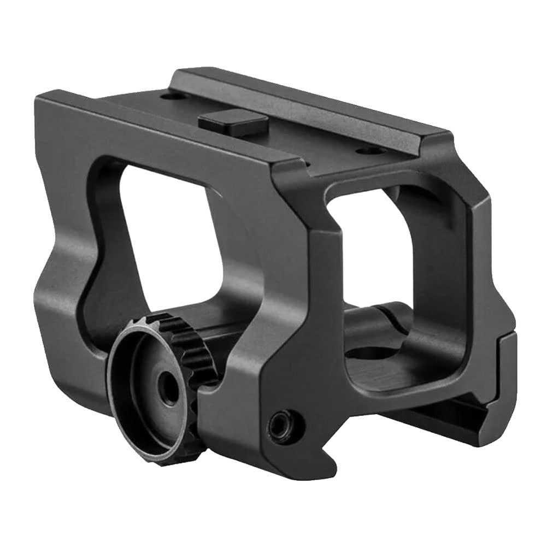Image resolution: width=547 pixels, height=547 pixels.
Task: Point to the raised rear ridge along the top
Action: tap(306, 104)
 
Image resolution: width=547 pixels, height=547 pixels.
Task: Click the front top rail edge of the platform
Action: tap(164, 128)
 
